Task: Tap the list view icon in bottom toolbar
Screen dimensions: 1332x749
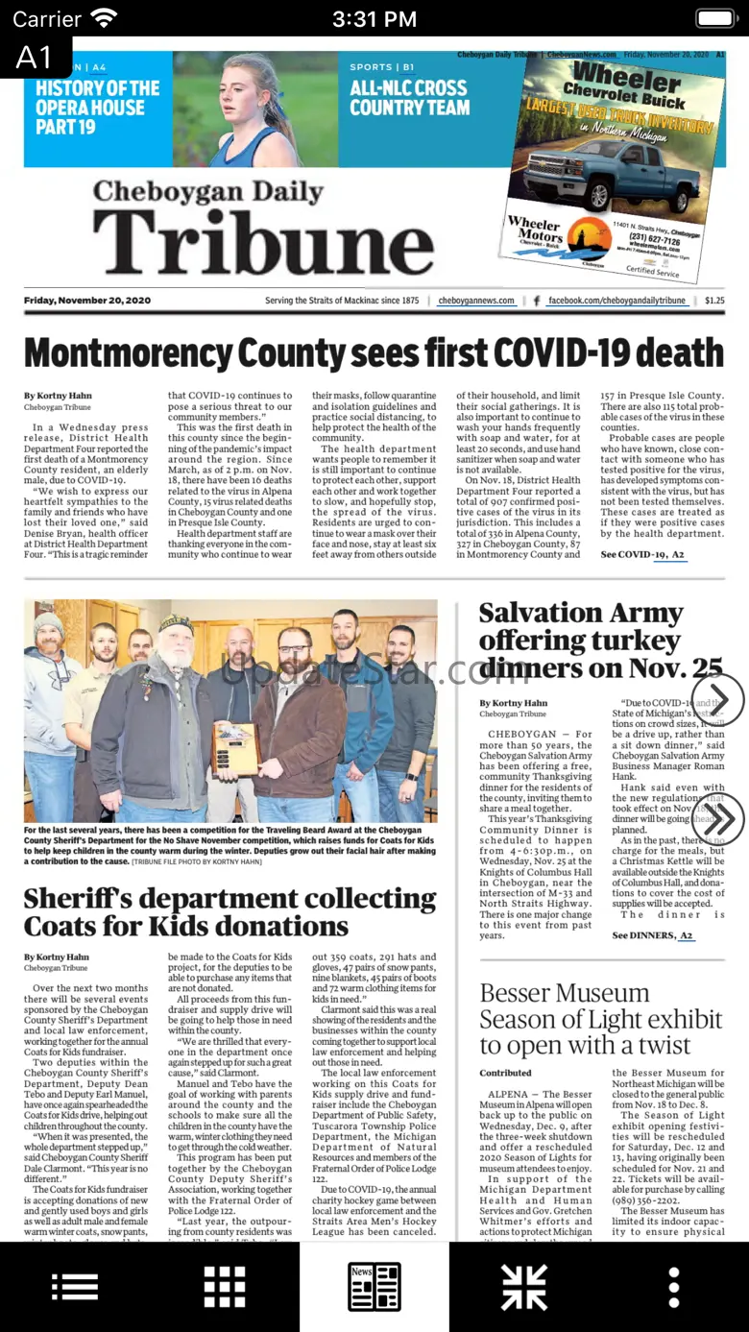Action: click(75, 1287)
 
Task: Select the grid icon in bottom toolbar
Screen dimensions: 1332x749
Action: click(225, 1287)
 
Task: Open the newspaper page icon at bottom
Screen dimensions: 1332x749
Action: click(374, 1287)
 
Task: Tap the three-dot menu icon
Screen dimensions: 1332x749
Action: click(674, 1287)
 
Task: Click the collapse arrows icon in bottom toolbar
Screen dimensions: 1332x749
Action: click(524, 1287)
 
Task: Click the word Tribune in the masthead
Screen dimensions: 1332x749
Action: click(263, 240)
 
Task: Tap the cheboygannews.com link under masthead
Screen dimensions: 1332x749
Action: click(476, 301)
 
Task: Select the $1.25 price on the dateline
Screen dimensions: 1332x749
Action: click(714, 301)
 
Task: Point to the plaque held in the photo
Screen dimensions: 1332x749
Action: click(235, 748)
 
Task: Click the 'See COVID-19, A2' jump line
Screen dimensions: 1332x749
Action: click(642, 555)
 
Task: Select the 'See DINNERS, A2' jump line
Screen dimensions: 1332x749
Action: click(653, 935)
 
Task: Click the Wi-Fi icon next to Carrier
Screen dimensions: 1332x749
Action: click(104, 18)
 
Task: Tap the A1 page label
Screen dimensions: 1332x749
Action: click(35, 58)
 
